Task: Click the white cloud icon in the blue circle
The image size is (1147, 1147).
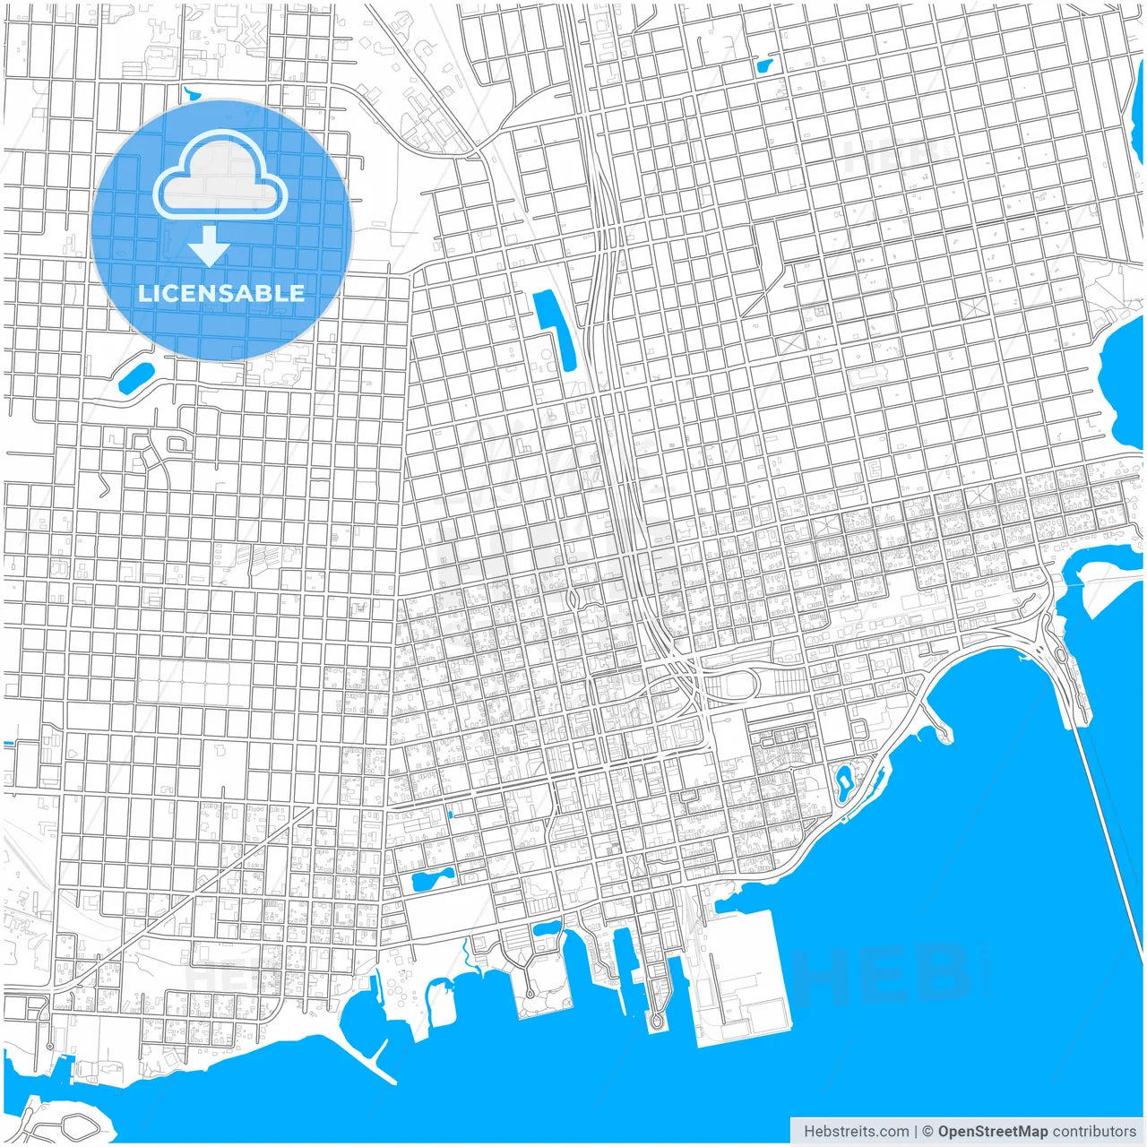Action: coord(220,176)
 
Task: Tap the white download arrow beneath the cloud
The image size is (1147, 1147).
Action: coord(209,246)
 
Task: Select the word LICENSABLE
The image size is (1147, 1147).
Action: coord(220,293)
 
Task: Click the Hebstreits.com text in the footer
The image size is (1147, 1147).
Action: coord(856,1131)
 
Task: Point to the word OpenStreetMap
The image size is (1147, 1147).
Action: coord(992,1131)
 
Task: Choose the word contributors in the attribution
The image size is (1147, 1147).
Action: coord(1094,1131)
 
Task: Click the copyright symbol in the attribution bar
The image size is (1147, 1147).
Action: coord(927,1131)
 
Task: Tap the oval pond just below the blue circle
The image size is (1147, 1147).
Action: coord(135,377)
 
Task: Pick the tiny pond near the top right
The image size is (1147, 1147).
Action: coord(766,65)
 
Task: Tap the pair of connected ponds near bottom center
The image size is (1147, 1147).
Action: coord(431,879)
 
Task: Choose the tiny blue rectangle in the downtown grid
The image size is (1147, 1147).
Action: coord(450,815)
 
